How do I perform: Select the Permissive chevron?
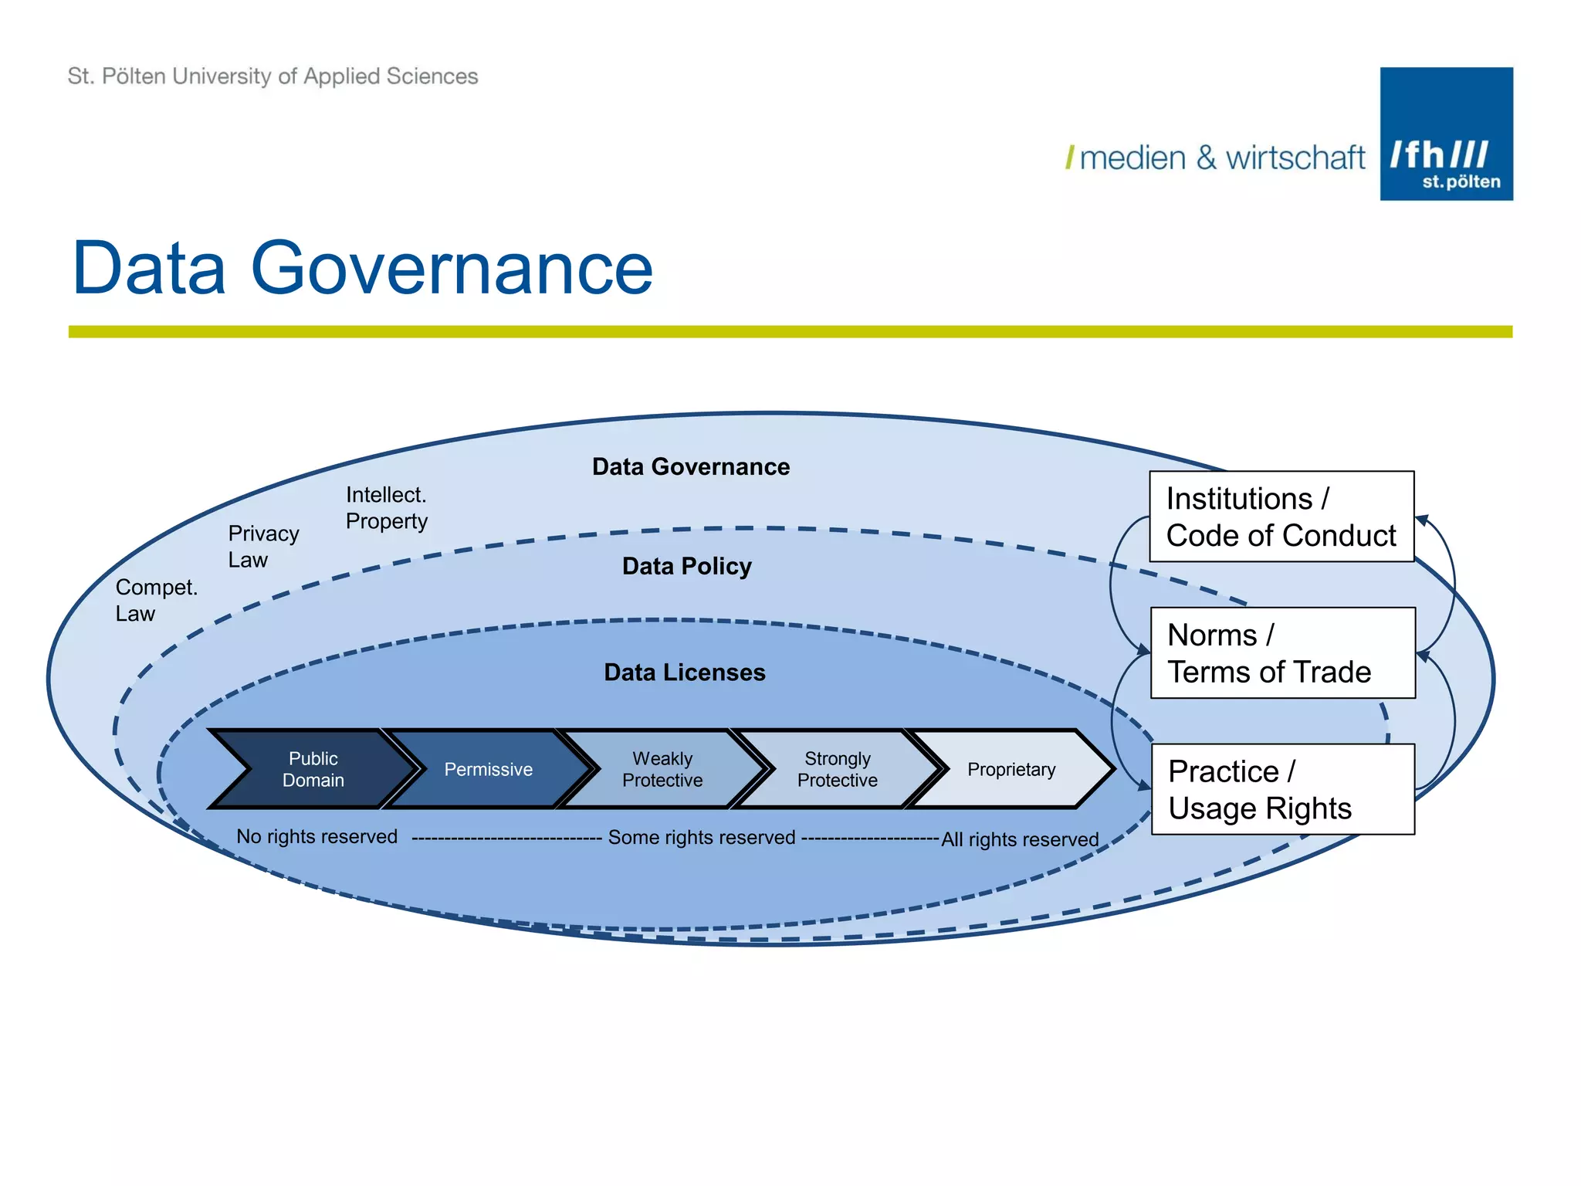(x=488, y=769)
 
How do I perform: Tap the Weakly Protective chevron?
(x=662, y=769)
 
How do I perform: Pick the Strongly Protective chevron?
(x=837, y=769)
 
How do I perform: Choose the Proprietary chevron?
(x=1011, y=769)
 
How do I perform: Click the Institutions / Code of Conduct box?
(x=1281, y=517)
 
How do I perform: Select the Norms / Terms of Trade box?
(x=1282, y=653)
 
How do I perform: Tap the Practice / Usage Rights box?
(x=1282, y=789)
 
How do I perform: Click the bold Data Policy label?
(x=686, y=566)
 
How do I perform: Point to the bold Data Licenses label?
(x=684, y=672)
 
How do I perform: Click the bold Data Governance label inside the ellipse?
(x=691, y=466)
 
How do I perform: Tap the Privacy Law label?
(x=262, y=546)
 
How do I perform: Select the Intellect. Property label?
(x=386, y=507)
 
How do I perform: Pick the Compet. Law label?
(x=156, y=600)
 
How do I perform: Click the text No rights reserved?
(x=317, y=836)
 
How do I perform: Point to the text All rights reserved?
(x=1020, y=839)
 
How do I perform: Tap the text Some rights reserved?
(x=701, y=837)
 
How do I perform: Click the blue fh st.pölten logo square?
(x=1446, y=134)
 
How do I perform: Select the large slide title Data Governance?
(x=362, y=267)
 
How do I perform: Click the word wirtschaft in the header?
(x=1295, y=158)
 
